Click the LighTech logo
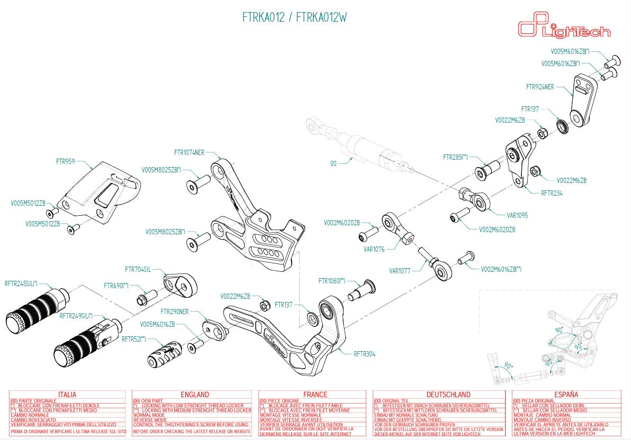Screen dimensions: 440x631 pos(563,27)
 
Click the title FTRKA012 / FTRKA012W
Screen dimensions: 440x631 pos(294,17)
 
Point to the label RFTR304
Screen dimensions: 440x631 pos(364,354)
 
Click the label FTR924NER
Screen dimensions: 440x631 pos(540,87)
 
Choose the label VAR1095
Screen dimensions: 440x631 pos(517,215)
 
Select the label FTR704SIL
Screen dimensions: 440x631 pos(138,269)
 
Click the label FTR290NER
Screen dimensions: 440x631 pos(174,311)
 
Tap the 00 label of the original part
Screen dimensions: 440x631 pos(333,164)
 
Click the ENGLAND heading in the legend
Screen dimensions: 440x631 pos(195,395)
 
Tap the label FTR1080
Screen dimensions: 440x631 pos(332,280)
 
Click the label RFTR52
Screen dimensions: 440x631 pos(133,338)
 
